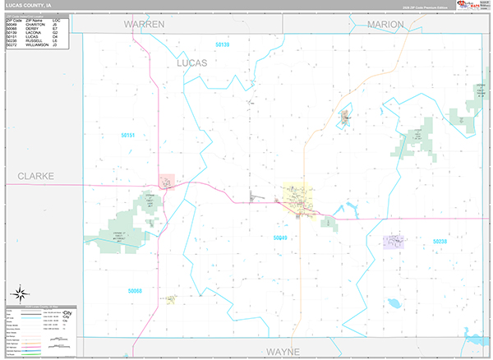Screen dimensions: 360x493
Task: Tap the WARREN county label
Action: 145,25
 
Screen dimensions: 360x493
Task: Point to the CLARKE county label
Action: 35,177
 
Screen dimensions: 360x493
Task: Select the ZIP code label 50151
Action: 127,136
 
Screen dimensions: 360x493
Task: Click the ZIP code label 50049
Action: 280,238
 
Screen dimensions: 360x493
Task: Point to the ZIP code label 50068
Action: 135,290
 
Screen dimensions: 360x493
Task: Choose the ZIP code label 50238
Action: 440,242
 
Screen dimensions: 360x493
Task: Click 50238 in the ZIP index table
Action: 12,41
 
